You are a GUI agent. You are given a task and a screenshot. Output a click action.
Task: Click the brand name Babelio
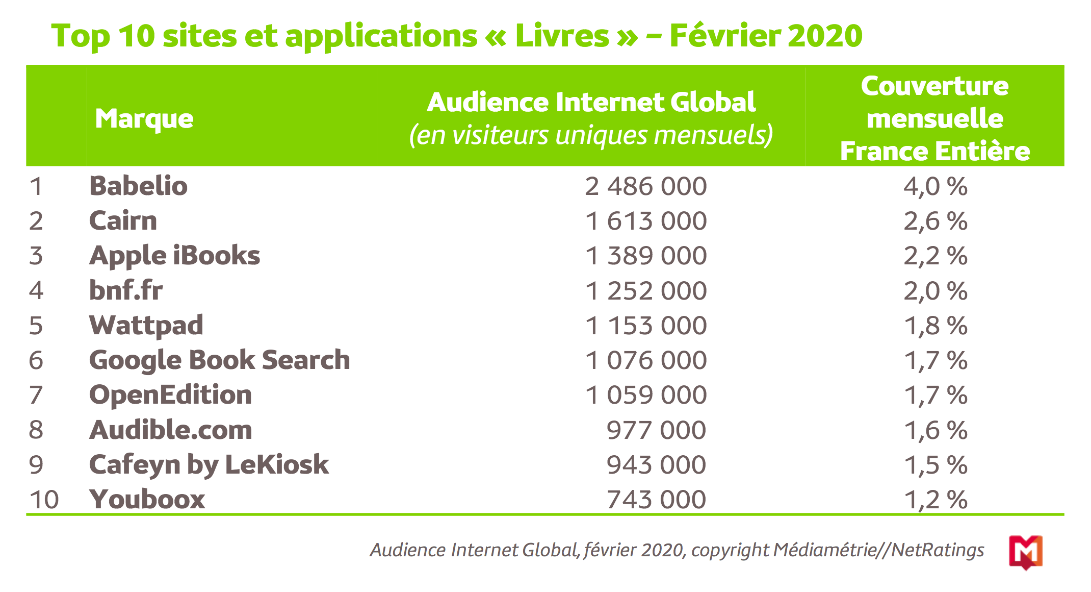pyautogui.click(x=138, y=186)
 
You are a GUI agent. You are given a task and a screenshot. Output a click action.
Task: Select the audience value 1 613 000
pyautogui.click(x=645, y=221)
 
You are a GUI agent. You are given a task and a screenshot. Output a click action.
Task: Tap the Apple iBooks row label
pyautogui.click(x=174, y=256)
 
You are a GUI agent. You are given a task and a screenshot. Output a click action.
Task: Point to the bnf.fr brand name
pyautogui.click(x=126, y=290)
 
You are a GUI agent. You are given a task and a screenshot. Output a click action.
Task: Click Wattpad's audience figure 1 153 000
pyautogui.click(x=645, y=326)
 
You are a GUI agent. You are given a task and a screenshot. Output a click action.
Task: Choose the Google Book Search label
pyautogui.click(x=219, y=360)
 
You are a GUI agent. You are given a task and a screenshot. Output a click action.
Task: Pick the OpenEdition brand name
pyautogui.click(x=170, y=395)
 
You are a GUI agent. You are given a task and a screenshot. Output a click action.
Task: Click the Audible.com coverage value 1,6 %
pyautogui.click(x=936, y=430)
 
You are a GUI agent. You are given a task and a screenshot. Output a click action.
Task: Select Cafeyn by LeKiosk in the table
pyautogui.click(x=209, y=465)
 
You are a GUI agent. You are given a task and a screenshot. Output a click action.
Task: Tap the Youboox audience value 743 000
pyautogui.click(x=656, y=500)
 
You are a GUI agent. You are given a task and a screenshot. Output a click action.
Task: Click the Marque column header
pyautogui.click(x=144, y=119)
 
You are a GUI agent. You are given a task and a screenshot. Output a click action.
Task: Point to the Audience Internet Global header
pyautogui.click(x=591, y=102)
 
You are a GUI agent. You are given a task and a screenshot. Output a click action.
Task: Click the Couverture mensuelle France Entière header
pyautogui.click(x=934, y=118)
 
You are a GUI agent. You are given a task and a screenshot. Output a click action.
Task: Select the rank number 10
pyautogui.click(x=44, y=500)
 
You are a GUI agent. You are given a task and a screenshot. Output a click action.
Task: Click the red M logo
pyautogui.click(x=1025, y=552)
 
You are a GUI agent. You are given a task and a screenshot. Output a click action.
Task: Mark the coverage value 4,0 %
pyautogui.click(x=936, y=186)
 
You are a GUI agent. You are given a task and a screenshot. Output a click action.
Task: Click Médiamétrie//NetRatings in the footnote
pyautogui.click(x=878, y=550)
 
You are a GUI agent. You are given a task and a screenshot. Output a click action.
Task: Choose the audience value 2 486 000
pyautogui.click(x=645, y=186)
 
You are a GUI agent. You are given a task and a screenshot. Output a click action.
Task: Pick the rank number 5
pyautogui.click(x=36, y=326)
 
